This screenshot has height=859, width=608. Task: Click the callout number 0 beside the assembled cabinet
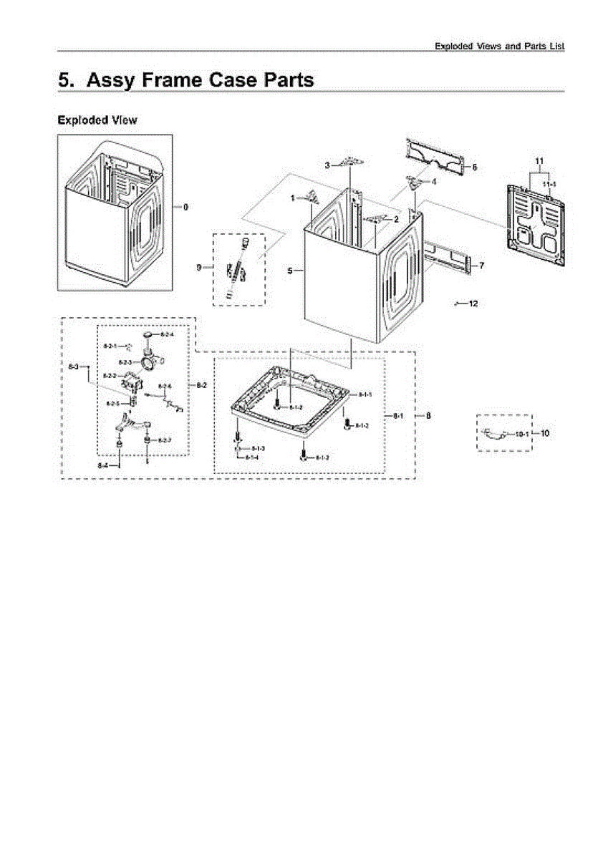pyautogui.click(x=185, y=208)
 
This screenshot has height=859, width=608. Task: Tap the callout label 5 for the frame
pyautogui.click(x=290, y=271)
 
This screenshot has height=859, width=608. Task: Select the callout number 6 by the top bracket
pyautogui.click(x=474, y=167)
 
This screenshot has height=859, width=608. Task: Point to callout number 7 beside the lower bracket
pyautogui.click(x=482, y=266)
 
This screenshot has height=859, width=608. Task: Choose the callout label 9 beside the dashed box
pyautogui.click(x=199, y=268)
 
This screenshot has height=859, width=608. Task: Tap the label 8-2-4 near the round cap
pyautogui.click(x=167, y=334)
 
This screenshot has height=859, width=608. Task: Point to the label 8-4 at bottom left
pyautogui.click(x=104, y=465)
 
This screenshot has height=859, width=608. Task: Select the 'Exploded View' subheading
pyautogui.click(x=97, y=120)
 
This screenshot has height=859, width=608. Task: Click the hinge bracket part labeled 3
pyautogui.click(x=349, y=162)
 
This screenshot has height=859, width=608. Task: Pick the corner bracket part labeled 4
pyautogui.click(x=413, y=181)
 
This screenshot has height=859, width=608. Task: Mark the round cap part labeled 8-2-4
pyautogui.click(x=148, y=334)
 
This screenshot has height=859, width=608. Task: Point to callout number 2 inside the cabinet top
pyautogui.click(x=395, y=219)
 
